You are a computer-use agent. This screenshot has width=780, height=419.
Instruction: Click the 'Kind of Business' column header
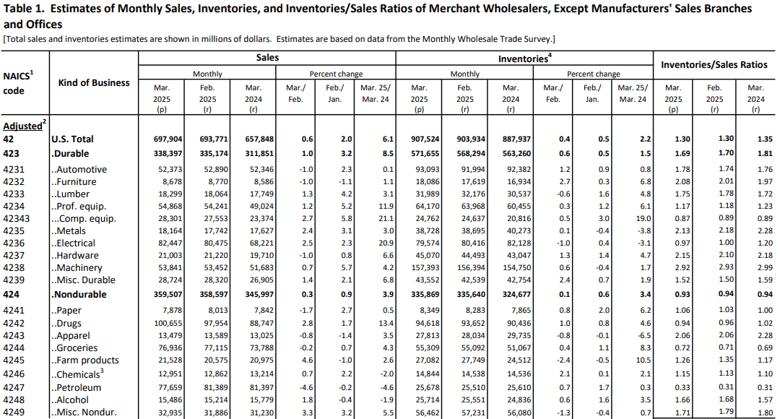pos(93,83)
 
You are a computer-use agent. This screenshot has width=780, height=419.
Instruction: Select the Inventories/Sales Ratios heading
pos(714,65)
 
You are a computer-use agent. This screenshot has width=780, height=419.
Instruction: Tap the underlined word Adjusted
pos(22,126)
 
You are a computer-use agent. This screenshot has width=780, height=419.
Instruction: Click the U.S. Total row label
pos(73,139)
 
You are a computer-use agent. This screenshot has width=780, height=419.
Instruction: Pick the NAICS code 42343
pos(17,218)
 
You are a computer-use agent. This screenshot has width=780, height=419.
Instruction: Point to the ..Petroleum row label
pos(76,388)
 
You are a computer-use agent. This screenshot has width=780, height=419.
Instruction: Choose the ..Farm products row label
pos(85,360)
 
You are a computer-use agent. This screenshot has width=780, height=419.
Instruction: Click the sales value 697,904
pos(168,139)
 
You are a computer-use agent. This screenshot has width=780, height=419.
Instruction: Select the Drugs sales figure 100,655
pos(168,324)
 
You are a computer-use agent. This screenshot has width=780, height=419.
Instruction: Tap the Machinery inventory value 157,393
pos(425,268)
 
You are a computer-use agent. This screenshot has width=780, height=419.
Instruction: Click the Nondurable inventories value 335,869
pos(425,295)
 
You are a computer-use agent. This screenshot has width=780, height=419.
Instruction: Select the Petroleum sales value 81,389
pos(215,388)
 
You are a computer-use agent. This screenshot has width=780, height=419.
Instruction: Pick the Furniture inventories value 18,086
pos(427,181)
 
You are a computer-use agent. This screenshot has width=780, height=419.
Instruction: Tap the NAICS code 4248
pos(14,400)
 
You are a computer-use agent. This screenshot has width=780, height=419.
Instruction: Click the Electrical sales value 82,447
pos(170,243)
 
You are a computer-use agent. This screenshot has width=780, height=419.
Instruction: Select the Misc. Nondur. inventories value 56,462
pos(427,412)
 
